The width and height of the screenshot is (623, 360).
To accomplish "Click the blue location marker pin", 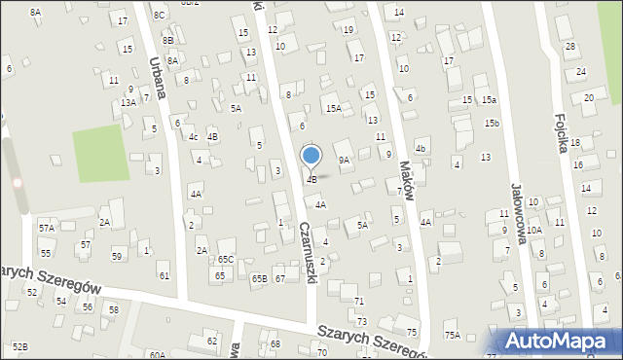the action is pos(311,156).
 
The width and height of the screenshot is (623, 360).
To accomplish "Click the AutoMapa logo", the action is pos(557,342).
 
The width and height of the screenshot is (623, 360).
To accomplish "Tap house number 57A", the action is pos(46,227).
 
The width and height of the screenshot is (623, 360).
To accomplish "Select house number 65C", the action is pos(225,260).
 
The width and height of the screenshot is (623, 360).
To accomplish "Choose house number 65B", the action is pos(259,279).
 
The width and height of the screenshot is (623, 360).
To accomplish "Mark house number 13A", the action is pos(128,102).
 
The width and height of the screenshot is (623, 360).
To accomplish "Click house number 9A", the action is pos(344,160).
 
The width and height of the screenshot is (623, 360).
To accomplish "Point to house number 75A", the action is pos(452,335).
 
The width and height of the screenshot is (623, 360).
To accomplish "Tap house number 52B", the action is pos(19,346).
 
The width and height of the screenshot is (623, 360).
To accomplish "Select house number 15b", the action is pos(494,123).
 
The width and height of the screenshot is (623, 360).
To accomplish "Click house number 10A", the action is pos(534,230).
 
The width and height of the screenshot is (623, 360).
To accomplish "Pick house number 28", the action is pos(570,47).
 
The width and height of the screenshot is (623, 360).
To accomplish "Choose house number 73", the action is pos(361,321).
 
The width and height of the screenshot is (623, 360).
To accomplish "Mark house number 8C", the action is pos(159,16).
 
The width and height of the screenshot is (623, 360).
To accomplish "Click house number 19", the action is pos(348,29).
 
